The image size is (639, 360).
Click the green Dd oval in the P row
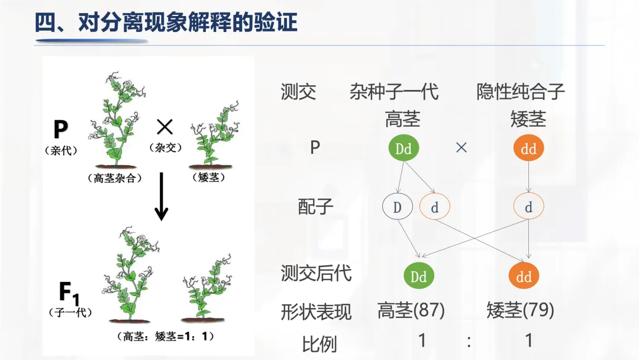pos(404,148)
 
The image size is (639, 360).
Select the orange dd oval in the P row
pos(528,149)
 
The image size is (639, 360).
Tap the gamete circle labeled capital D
pos(398,207)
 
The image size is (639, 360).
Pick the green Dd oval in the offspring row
pos(418,276)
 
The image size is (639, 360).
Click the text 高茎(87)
pos(411,310)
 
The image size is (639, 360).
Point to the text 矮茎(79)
pos(520,310)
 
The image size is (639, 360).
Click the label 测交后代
pos(316,273)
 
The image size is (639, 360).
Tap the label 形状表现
pos(316,311)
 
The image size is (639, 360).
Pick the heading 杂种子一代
pos(394,92)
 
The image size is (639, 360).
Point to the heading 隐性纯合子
pos(521,92)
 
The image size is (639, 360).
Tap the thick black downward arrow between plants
pos(161,197)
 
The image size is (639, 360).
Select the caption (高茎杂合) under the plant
pos(114,178)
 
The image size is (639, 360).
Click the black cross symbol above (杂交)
pos(164,126)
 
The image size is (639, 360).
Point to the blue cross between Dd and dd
pos(461,148)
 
